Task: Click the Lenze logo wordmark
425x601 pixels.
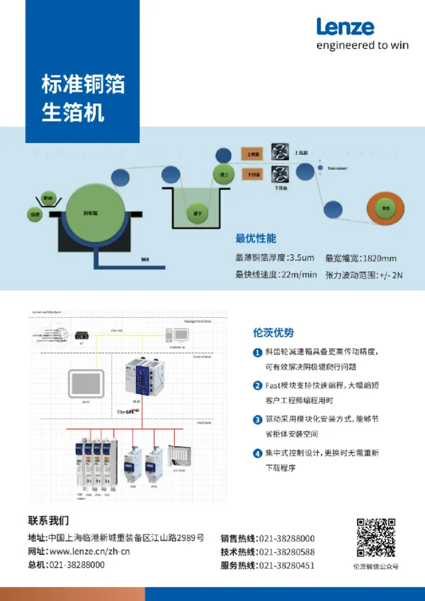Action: tap(345, 27)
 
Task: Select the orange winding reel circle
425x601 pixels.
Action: tap(386, 208)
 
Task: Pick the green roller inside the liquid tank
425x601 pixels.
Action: tap(198, 213)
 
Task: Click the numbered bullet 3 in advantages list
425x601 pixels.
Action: tap(257, 419)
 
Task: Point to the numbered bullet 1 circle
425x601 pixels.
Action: tap(257, 352)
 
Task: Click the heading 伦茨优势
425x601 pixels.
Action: tap(273, 332)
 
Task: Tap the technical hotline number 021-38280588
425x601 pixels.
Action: tap(287, 552)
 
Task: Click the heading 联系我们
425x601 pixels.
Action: tap(49, 520)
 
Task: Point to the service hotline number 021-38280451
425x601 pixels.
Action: tap(287, 565)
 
